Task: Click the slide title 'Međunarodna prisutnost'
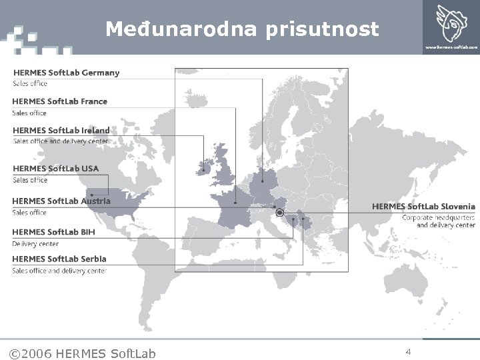pyautogui.click(x=242, y=29)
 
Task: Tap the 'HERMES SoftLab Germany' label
pyautogui.click(x=66, y=73)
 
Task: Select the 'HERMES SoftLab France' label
pyautogui.click(x=59, y=101)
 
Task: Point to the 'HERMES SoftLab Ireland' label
pyautogui.click(x=61, y=131)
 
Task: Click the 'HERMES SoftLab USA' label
pyautogui.click(x=55, y=169)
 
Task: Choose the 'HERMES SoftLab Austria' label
pyautogui.click(x=61, y=201)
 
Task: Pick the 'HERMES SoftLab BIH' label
pyautogui.click(x=53, y=232)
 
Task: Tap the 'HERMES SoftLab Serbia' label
pyautogui.click(x=59, y=259)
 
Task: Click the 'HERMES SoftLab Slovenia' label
pyautogui.click(x=423, y=207)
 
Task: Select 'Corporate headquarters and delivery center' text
pyautogui.click(x=439, y=221)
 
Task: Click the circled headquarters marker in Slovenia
pyautogui.click(x=280, y=213)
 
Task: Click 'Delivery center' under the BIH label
pyautogui.click(x=35, y=244)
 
